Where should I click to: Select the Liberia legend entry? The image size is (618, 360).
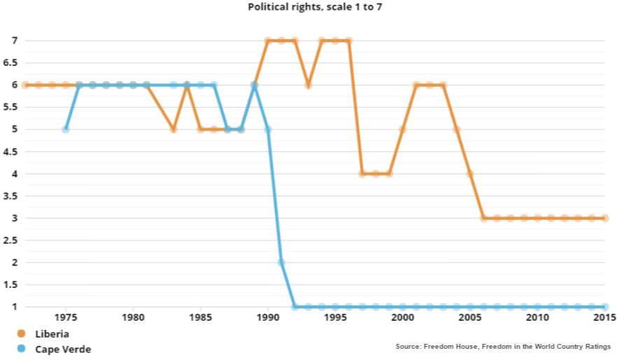click(x=52, y=334)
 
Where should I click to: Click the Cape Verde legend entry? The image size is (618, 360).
click(x=63, y=349)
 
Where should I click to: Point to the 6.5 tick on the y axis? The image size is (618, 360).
click(x=10, y=62)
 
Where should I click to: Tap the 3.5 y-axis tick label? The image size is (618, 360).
click(x=10, y=195)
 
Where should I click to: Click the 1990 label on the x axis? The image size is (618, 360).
click(x=267, y=318)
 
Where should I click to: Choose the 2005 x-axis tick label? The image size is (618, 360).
click(x=470, y=318)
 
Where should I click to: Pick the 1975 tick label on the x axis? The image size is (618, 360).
click(x=65, y=318)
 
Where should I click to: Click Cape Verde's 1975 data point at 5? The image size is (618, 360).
click(x=65, y=130)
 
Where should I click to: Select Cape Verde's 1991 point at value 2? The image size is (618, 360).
click(x=281, y=263)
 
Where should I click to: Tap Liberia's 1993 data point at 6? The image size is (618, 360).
click(x=308, y=85)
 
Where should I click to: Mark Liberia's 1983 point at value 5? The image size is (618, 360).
click(x=173, y=130)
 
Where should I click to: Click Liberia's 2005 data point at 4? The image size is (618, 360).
click(x=470, y=174)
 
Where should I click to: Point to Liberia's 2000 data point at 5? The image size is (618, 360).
click(x=402, y=130)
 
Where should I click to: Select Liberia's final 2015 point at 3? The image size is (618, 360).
click(x=605, y=218)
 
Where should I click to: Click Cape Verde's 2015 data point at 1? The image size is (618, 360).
click(x=605, y=307)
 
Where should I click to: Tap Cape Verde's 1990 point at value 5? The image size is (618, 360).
click(x=267, y=130)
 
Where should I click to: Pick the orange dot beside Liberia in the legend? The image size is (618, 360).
click(x=22, y=334)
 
